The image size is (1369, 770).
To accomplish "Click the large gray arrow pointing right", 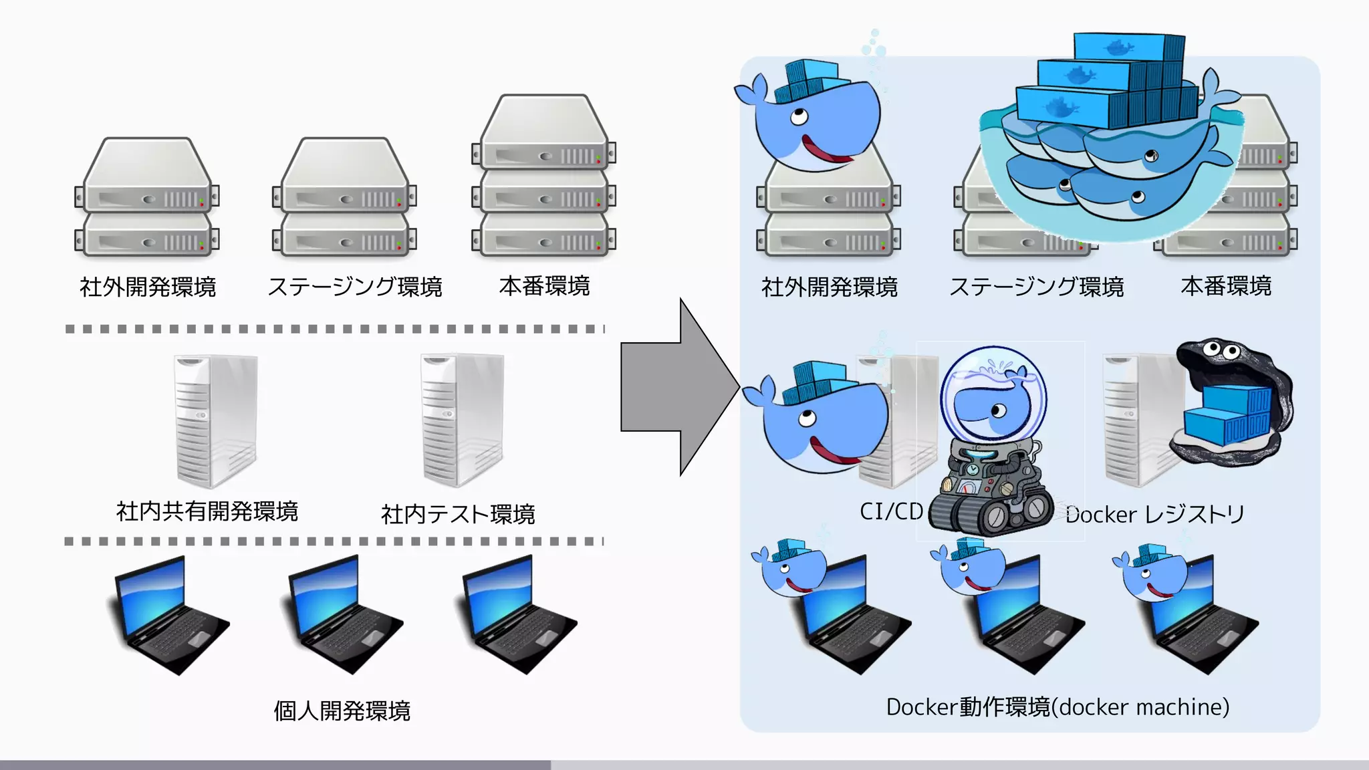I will pyautogui.click(x=672, y=387).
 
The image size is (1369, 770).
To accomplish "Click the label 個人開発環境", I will pyautogui.click(x=342, y=711).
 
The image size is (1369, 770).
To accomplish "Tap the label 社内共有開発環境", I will pyautogui.click(x=207, y=511).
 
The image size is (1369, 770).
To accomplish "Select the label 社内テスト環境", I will pyautogui.click(x=458, y=514).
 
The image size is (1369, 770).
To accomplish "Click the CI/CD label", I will pyautogui.click(x=890, y=511).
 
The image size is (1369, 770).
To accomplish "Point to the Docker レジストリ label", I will pyautogui.click(x=1155, y=514).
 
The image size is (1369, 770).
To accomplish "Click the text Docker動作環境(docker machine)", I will pyautogui.click(x=1057, y=707).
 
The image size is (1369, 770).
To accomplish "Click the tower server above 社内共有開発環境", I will pyautogui.click(x=215, y=421).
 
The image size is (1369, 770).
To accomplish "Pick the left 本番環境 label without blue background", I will pyautogui.click(x=544, y=286).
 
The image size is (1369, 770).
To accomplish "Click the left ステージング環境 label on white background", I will pyautogui.click(x=355, y=287).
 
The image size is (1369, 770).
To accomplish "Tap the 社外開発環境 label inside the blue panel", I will pyautogui.click(x=829, y=287).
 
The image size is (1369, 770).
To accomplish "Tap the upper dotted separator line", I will pyautogui.click(x=334, y=329).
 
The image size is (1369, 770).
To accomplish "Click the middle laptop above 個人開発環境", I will pyautogui.click(x=344, y=615).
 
